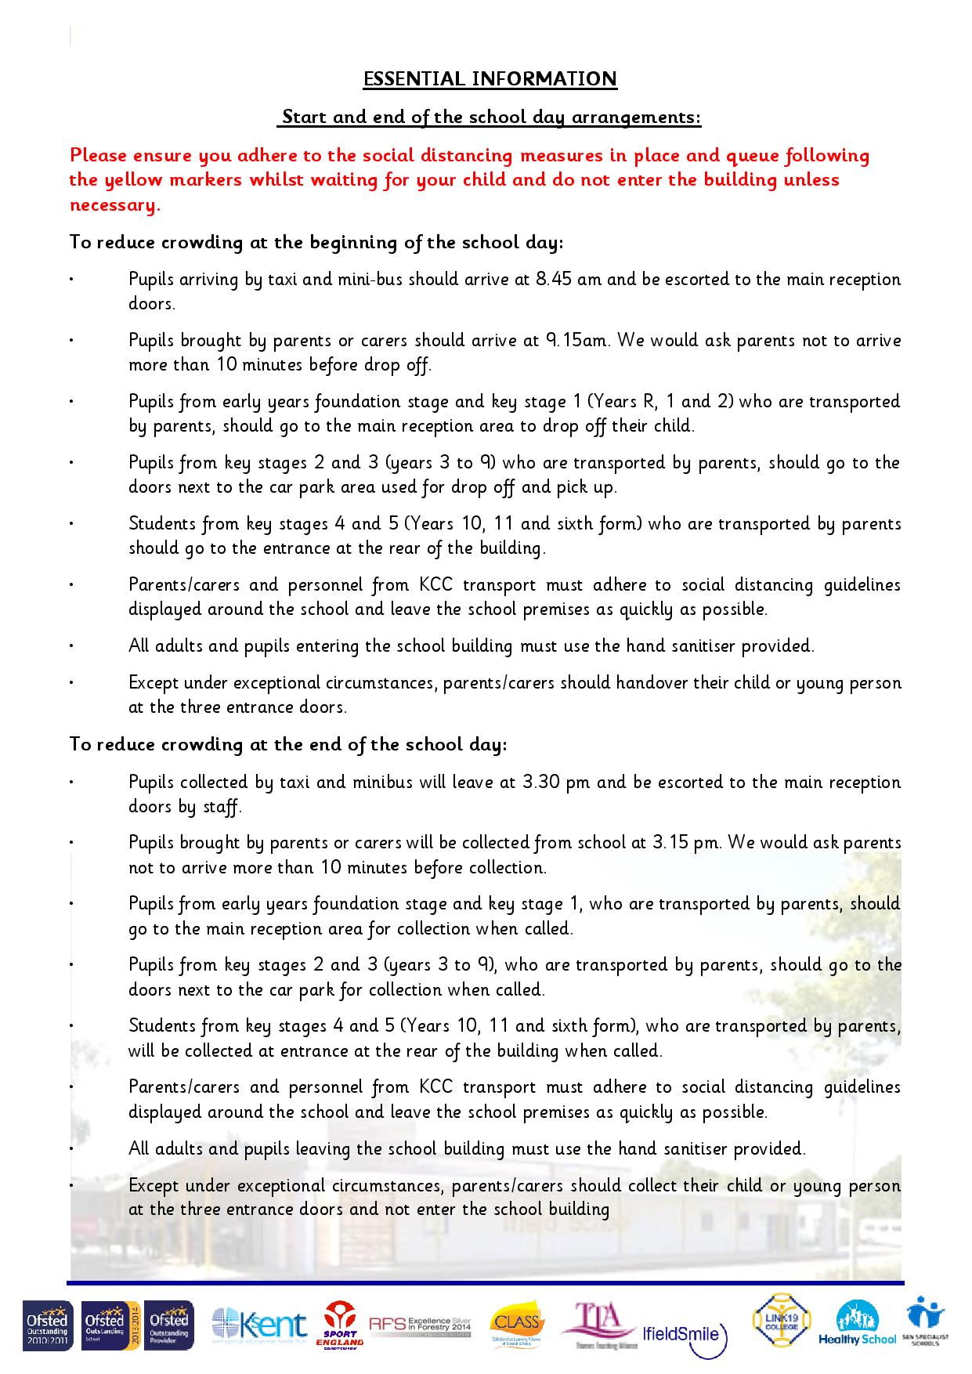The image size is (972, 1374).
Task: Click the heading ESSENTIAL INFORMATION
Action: click(x=490, y=79)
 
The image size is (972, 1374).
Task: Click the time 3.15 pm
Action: click(x=685, y=843)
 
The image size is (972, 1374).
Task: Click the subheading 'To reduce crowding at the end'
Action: click(x=288, y=744)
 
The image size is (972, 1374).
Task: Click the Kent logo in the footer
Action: click(x=259, y=1325)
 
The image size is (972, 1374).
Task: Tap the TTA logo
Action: click(x=598, y=1325)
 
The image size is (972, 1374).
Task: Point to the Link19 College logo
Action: click(x=781, y=1320)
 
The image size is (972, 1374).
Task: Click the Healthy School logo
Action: click(x=857, y=1324)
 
